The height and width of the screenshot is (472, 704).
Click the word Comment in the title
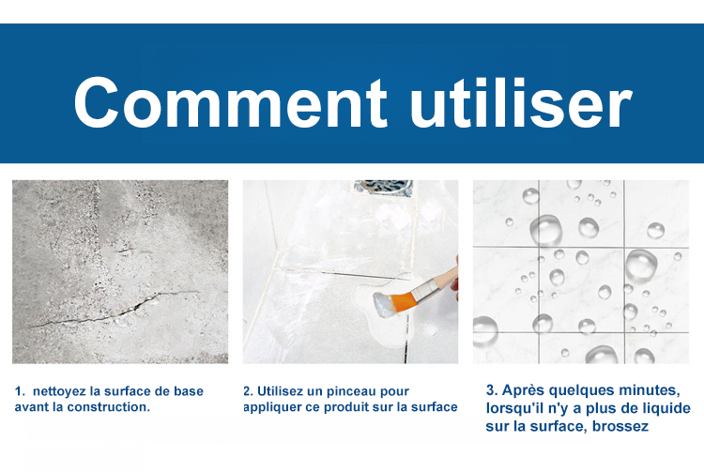point(230,102)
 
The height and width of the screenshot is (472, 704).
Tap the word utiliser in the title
point(521,102)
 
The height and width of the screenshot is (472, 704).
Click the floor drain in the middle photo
point(383,187)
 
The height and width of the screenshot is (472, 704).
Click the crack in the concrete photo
point(113,311)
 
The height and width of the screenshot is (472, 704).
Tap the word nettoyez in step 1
point(60,391)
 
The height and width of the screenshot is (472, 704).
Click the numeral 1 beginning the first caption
point(18,391)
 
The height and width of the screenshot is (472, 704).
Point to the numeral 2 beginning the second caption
point(247,391)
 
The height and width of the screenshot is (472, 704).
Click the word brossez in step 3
point(620,426)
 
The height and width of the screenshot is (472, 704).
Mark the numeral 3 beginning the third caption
point(490,390)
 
